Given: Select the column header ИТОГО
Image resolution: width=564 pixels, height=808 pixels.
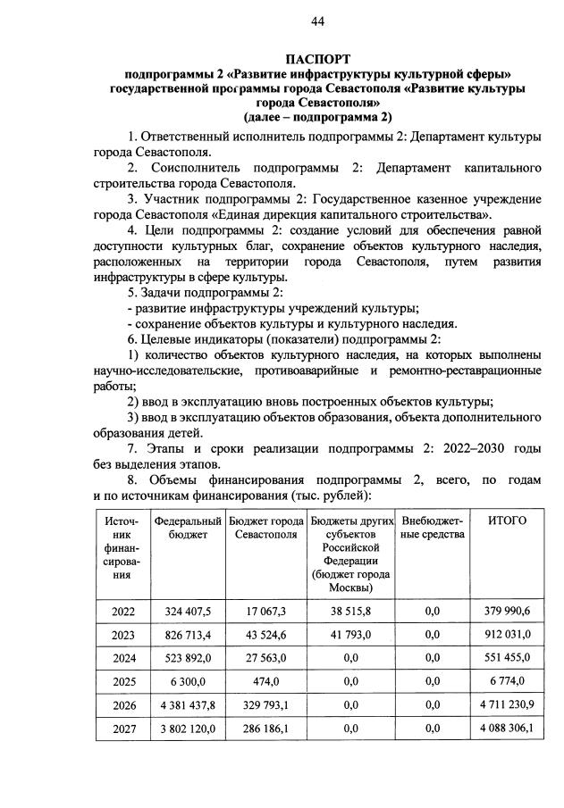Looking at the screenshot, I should (506, 521).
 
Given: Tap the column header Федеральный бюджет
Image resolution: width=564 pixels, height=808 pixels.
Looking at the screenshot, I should (188, 527).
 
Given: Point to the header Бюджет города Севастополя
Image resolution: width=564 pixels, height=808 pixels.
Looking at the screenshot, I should (265, 527).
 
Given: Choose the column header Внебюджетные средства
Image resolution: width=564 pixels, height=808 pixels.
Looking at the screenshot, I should (434, 527).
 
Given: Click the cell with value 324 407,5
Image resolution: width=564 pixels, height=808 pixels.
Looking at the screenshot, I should (188, 611).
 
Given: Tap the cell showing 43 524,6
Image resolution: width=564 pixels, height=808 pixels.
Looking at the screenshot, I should (265, 635).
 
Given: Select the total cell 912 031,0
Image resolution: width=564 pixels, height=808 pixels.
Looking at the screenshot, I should (506, 635).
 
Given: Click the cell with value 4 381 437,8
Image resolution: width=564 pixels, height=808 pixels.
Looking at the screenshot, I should (188, 705).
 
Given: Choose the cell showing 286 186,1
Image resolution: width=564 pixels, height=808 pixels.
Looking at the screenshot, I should (265, 729).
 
